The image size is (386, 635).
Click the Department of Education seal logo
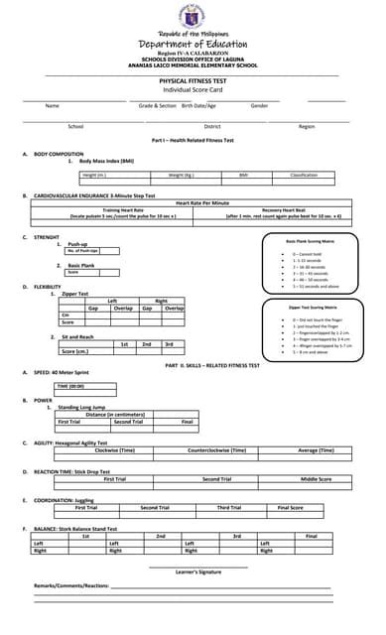pos(193,17)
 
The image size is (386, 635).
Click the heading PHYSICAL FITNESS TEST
pos(193,80)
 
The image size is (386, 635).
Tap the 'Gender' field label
pos(259,105)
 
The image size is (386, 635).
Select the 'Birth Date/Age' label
pos(199,105)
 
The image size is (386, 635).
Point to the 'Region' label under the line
pos(307,126)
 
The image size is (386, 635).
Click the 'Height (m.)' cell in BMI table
pos(95,175)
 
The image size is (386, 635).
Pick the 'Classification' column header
pos(303,175)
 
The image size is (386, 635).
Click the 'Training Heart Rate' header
pos(124,209)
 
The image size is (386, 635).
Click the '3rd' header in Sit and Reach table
pos(169,343)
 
